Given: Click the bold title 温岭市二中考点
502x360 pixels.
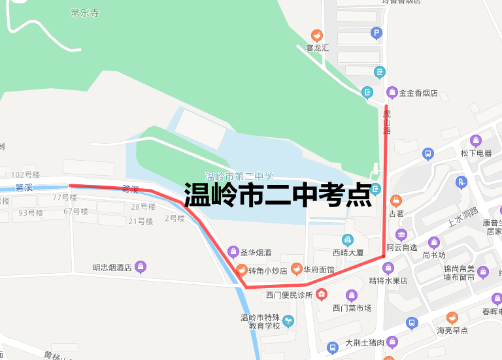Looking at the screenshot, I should click(x=278, y=195).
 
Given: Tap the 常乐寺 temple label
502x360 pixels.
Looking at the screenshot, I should click(x=85, y=13).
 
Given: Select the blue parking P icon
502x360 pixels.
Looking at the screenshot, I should click(x=376, y=33).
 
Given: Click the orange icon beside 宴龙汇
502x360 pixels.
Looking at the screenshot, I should click(x=317, y=35).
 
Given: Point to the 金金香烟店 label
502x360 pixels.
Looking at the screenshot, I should click(x=418, y=93).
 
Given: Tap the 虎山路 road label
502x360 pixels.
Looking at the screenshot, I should click(x=386, y=122).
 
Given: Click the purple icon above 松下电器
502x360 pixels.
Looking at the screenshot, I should click(x=476, y=140).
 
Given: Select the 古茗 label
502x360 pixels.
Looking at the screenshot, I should click(x=396, y=213).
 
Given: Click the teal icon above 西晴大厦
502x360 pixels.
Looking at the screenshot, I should click(x=348, y=240).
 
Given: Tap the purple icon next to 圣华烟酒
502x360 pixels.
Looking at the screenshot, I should click(x=233, y=252).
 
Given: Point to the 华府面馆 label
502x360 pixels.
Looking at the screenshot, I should click(x=318, y=270).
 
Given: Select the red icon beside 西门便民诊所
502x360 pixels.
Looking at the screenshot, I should click(x=321, y=295).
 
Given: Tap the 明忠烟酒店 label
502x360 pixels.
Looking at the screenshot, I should click(x=112, y=267).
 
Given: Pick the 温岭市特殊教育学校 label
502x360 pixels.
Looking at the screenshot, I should click(x=260, y=321).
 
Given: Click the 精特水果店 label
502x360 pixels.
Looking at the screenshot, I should click(x=388, y=281).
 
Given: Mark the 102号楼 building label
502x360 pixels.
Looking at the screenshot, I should click(x=25, y=175).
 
